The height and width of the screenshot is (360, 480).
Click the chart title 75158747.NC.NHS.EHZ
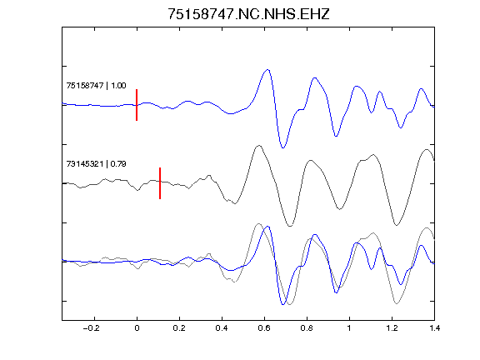pos(248,14)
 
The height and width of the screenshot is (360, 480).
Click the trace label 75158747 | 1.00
pos(96,85)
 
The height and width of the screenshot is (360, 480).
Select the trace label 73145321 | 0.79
pos(96,164)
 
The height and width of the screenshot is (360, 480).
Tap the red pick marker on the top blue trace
pos(137,105)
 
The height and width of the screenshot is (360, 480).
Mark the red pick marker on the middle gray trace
pos(160,183)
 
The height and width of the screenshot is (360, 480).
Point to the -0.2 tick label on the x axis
pos(91,328)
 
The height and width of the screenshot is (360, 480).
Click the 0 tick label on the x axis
pos(137,328)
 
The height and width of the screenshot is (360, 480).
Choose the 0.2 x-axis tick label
pos(179,328)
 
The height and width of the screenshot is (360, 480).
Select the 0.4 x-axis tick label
pos(222,328)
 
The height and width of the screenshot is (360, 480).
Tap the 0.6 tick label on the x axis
pos(264,328)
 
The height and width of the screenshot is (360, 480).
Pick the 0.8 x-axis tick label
pos(307,328)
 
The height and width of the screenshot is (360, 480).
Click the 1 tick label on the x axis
pos(349,328)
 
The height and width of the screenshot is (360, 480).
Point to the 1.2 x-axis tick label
pos(392,328)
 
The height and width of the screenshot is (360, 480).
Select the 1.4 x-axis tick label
pos(434,328)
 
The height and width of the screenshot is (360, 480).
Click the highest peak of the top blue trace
pos(267,70)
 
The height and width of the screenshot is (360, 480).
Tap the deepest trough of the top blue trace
pos(282,147)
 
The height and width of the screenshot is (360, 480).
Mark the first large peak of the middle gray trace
pos(259,145)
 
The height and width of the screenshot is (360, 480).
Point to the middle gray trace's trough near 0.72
pos(290,226)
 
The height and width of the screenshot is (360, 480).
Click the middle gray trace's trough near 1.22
pos(397,225)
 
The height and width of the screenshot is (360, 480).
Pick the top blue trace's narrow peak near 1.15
pos(380,92)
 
